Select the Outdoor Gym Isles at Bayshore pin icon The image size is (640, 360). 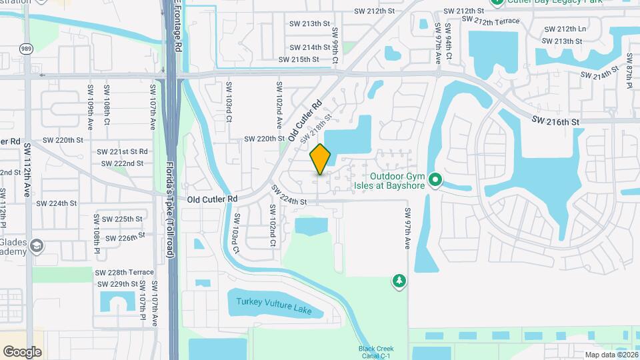click(435, 180)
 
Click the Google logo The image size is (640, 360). click(22, 351)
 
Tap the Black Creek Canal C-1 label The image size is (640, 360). click(376, 352)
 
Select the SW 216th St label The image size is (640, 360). click(556, 121)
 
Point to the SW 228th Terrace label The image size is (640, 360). click(124, 273)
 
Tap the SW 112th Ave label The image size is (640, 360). click(27, 162)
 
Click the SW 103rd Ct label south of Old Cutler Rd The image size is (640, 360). click(235, 234)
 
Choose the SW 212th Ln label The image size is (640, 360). click(565, 29)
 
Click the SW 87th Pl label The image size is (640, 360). click(629, 77)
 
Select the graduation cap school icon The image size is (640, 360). click(37, 246)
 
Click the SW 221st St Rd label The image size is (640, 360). click(123, 152)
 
